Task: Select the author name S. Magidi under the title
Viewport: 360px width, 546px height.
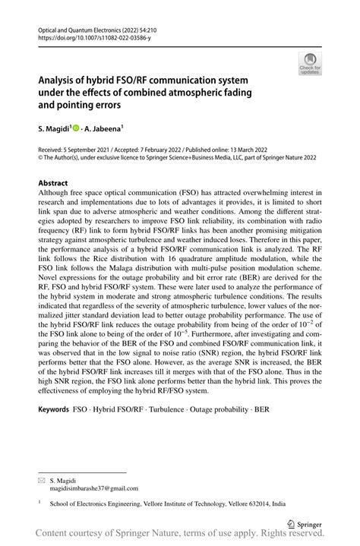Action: pyautogui.click(x=57, y=130)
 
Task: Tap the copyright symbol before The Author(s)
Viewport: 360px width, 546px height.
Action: pyautogui.click(x=40, y=160)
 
